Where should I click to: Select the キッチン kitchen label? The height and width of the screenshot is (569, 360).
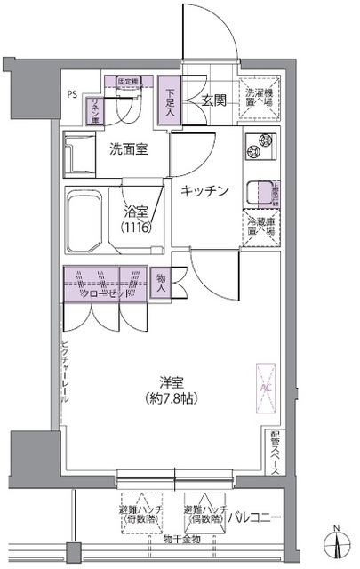pos(206,191)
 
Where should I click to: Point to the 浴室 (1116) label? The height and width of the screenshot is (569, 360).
pos(136,219)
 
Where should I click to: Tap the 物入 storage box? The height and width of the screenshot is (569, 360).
pos(161,283)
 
